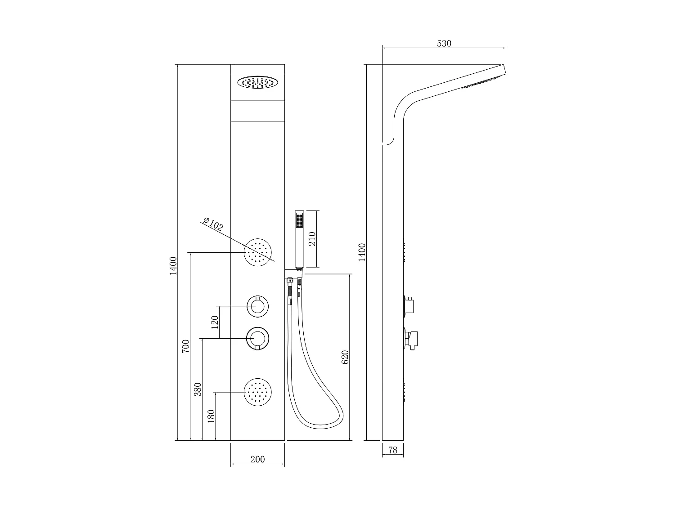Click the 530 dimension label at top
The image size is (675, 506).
coord(444,43)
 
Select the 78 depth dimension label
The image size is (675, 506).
coord(392,450)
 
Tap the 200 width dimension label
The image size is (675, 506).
coord(257,459)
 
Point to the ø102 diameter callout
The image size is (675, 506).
coord(213,224)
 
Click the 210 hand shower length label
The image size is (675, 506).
coord(312,238)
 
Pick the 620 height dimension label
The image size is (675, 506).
coord(345,357)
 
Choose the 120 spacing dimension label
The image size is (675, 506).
coord(215,322)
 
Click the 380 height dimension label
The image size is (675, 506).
coord(198,389)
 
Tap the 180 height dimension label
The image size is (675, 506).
coord(211,416)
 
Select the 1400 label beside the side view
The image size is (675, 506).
coord(362,252)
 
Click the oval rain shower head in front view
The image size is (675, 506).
coord(257,83)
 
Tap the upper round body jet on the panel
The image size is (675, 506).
coord(258,253)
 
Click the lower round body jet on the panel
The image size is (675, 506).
coord(258,392)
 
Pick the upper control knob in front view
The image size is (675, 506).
coord(258,307)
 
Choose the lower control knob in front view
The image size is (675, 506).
coord(258,338)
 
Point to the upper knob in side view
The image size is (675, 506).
coord(410,305)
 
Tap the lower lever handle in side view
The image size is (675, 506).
coord(412,338)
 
